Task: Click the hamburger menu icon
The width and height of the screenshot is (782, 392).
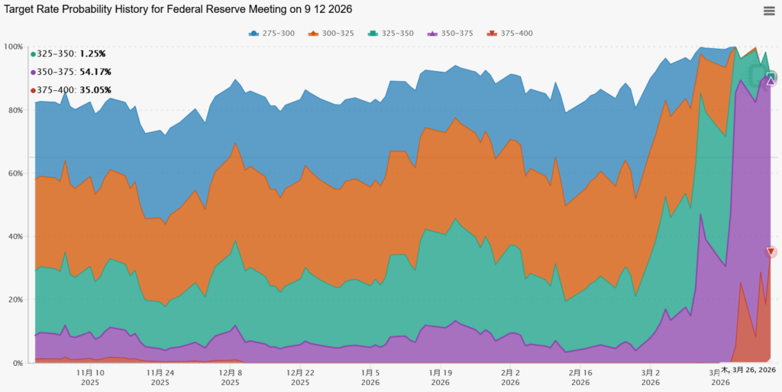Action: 769,11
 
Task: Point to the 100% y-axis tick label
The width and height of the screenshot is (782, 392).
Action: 13,47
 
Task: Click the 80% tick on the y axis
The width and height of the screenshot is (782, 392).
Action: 15,110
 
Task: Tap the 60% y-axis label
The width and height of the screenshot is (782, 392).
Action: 15,173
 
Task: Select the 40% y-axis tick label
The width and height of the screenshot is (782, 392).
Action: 15,236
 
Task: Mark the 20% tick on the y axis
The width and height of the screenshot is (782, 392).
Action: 15,300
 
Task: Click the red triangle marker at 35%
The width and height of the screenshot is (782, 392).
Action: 771,252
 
